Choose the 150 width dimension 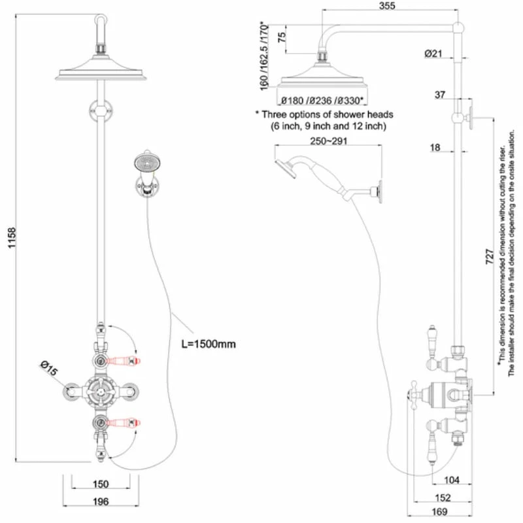tap(100, 484)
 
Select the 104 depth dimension tap(452, 481)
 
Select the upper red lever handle tap(122, 360)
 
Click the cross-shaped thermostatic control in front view tap(101, 391)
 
